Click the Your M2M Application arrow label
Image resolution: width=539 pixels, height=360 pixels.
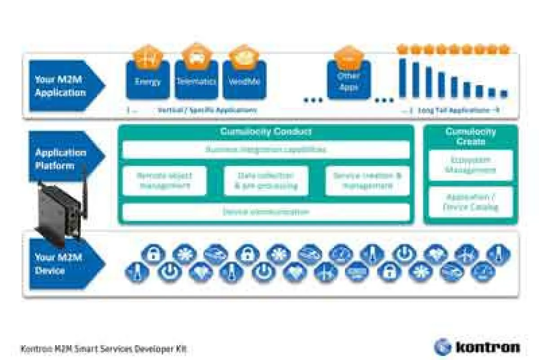click(x=63, y=86)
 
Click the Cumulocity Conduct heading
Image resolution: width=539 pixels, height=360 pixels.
click(x=265, y=132)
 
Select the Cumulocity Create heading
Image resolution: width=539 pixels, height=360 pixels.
click(x=470, y=136)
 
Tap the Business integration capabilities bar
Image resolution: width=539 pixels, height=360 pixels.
click(x=265, y=150)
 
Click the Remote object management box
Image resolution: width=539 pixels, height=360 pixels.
click(x=164, y=181)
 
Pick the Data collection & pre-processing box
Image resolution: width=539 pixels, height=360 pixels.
click(x=266, y=181)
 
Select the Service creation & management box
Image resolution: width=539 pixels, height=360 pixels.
click(x=367, y=181)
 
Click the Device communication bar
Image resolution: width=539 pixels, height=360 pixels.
click(x=265, y=212)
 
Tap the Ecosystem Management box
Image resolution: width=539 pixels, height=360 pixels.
click(x=470, y=165)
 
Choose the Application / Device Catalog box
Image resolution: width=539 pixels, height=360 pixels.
click(x=470, y=202)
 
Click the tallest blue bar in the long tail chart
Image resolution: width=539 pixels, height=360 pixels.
click(x=402, y=78)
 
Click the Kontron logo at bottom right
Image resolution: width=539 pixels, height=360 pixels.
click(x=477, y=347)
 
